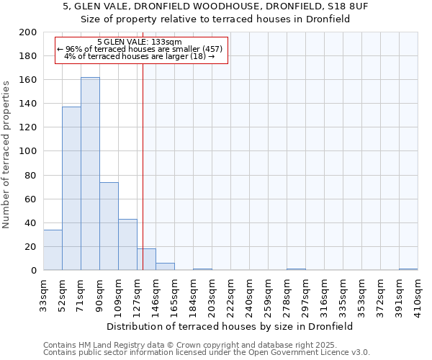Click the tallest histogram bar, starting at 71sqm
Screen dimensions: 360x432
click(x=90, y=174)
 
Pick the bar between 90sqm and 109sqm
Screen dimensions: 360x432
click(x=109, y=226)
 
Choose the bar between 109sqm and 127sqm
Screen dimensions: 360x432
click(x=127, y=245)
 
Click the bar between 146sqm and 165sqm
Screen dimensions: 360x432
click(x=165, y=266)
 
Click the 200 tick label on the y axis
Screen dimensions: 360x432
click(x=29, y=32)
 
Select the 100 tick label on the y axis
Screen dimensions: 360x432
click(x=29, y=151)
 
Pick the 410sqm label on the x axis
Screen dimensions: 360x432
click(x=418, y=295)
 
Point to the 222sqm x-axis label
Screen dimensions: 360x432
click(x=230, y=295)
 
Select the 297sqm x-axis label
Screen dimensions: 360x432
click(x=305, y=295)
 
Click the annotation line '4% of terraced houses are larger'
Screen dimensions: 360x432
click(x=139, y=56)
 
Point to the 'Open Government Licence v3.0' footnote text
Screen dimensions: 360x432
click(x=310, y=353)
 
